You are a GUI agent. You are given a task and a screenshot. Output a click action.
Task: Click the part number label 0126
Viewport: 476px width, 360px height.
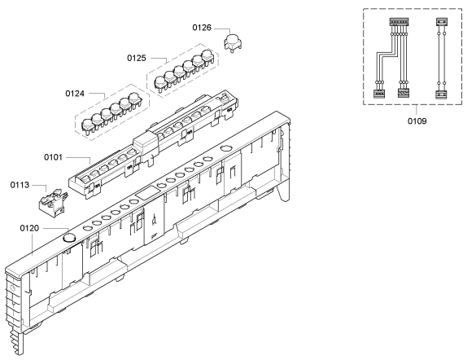202,28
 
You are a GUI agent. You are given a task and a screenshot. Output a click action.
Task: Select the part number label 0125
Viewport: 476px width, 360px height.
137,58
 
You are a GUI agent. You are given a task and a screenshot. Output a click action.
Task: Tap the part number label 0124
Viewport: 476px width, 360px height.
75,94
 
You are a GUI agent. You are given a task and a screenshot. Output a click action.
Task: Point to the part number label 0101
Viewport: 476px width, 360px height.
53,157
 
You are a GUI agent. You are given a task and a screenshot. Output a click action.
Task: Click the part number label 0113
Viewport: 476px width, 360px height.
20,185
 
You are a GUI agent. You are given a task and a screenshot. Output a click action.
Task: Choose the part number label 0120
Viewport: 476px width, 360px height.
29,228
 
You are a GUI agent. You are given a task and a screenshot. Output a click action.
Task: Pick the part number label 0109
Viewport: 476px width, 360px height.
417,121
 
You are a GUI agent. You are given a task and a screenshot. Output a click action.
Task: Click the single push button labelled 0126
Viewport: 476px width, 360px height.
233,42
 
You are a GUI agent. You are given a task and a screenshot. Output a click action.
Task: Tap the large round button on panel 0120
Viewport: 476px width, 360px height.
69,238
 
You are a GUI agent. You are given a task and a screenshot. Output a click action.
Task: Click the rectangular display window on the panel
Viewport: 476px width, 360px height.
147,193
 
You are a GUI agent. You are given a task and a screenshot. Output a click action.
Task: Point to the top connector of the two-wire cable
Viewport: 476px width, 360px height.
441,22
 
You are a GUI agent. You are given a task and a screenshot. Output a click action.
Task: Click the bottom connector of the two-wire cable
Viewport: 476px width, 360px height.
441,94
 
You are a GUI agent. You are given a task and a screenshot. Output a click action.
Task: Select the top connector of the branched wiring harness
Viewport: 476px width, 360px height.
399,22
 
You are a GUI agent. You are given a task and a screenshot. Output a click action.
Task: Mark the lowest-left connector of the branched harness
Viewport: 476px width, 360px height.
378,94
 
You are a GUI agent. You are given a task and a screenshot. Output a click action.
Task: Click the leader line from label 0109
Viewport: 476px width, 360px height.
417,110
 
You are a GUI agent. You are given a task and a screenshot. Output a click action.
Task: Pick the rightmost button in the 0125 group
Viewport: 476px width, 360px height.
207,57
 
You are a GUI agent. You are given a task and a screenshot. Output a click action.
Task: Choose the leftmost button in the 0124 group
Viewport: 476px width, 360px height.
87,126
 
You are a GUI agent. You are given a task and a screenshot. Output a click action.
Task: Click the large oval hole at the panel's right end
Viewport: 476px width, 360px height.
226,148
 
